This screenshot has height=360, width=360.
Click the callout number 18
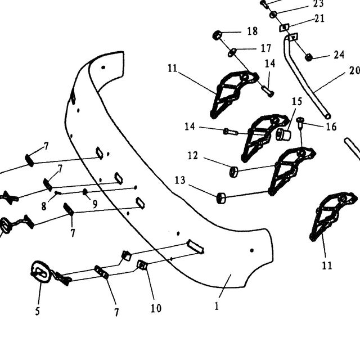coord(253,31)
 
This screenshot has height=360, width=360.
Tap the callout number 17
coord(266,48)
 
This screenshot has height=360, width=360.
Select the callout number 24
coord(339,55)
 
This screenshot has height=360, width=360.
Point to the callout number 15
coord(297,101)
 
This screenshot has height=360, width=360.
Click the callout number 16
coord(331,127)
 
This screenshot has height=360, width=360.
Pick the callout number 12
coord(192,156)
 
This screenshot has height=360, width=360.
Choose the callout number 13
coord(180,180)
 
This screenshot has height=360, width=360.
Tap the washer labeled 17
coord(232,52)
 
